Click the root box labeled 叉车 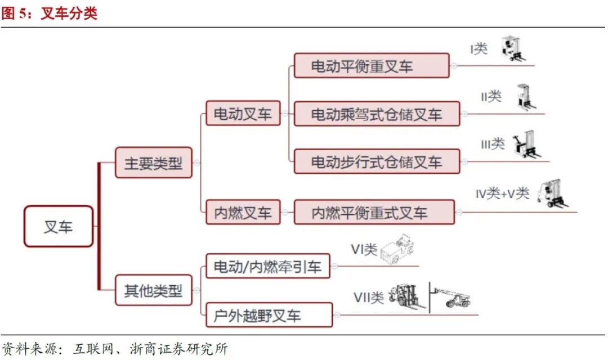point(58,226)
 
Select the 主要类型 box point(153,163)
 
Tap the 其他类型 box point(153,290)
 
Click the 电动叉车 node point(243,114)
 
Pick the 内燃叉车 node point(243,213)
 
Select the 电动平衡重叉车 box point(372,66)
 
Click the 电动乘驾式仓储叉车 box point(377,114)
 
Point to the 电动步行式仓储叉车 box point(377,162)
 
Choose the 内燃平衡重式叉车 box point(374,213)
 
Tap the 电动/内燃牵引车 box point(267,266)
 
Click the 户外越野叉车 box point(269,315)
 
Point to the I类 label point(479,49)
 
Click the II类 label point(491,96)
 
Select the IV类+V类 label point(502,193)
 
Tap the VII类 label point(369,296)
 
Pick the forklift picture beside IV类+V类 point(550,194)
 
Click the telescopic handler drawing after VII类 point(451,295)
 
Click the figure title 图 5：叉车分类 point(50,13)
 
